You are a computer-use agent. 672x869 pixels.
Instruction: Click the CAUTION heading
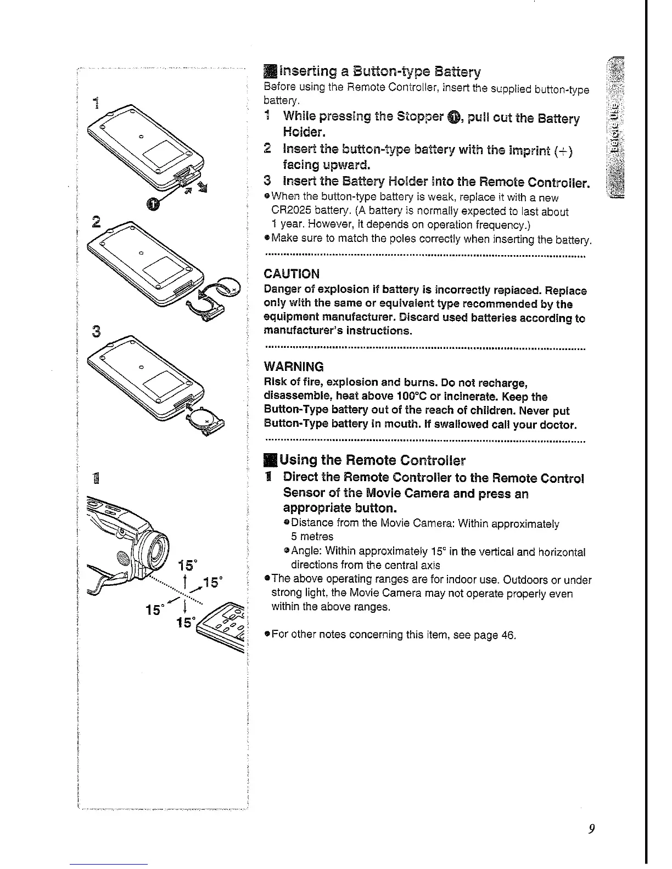(x=292, y=274)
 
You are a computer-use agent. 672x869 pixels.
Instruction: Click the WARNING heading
(x=294, y=366)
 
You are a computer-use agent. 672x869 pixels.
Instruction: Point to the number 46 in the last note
(x=508, y=635)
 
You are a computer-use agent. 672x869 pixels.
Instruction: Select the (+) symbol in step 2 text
(x=564, y=150)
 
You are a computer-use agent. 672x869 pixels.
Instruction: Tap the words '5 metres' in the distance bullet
(x=312, y=537)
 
